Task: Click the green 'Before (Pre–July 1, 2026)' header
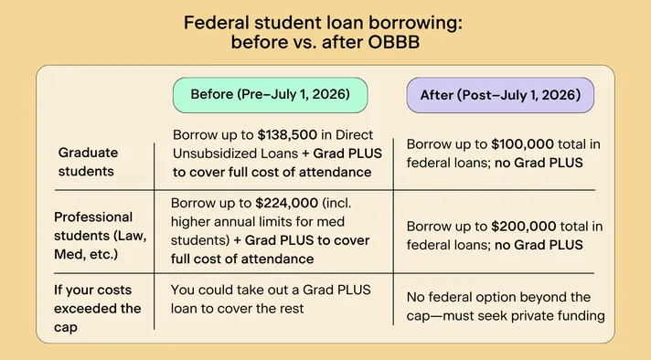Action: (x=264, y=94)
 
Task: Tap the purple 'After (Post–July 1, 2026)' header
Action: (x=500, y=94)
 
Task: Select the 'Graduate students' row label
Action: (x=89, y=160)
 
